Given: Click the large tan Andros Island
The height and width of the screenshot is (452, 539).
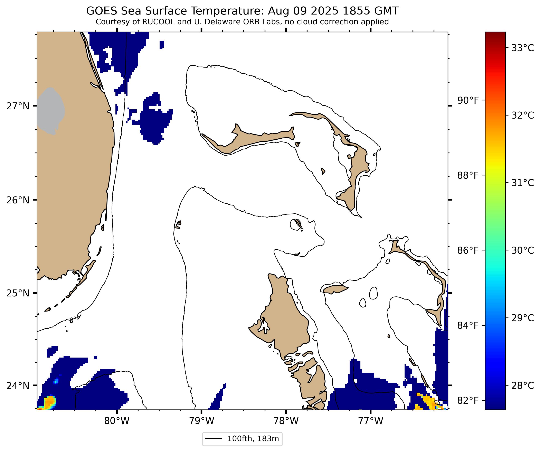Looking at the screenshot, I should click(282, 321).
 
